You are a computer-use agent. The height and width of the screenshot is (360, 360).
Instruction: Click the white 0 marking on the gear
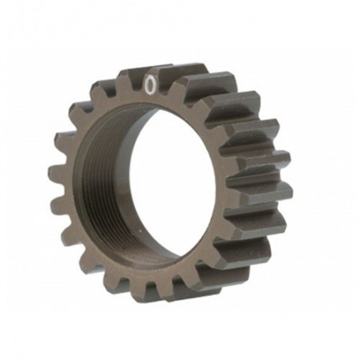point(150,81)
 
